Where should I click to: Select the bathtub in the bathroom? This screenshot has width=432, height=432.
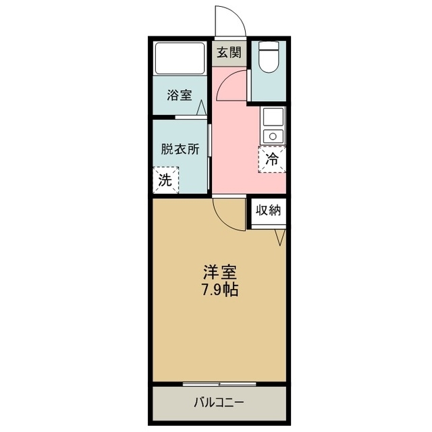(180, 59)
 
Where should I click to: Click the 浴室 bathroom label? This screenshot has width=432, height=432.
(180, 95)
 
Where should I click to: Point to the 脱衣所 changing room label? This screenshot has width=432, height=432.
(180, 149)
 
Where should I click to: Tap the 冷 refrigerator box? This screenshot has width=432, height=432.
(271, 160)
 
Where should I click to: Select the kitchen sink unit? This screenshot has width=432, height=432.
(272, 126)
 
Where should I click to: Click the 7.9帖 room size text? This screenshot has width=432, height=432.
(220, 291)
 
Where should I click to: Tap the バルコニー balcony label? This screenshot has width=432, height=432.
(219, 403)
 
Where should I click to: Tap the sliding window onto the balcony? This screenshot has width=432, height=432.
(219, 384)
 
